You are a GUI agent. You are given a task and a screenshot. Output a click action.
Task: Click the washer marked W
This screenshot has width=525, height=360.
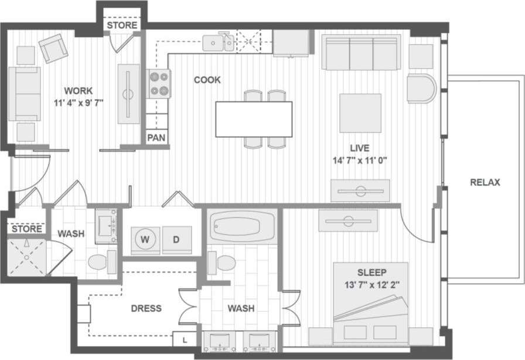144,239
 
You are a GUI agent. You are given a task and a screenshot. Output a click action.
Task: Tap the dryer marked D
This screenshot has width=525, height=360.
175,239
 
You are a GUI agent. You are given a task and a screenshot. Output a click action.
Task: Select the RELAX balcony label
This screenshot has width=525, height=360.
485,182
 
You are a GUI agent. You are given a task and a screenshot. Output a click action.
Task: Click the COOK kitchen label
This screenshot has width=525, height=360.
207,80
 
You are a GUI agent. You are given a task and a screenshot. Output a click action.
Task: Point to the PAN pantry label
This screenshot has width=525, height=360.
155,138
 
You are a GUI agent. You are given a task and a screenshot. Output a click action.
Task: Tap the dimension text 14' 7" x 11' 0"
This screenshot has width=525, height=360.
360,159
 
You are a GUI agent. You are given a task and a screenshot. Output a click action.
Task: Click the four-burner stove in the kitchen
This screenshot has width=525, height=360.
159,83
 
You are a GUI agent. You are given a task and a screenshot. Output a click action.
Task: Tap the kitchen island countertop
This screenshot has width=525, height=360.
253,119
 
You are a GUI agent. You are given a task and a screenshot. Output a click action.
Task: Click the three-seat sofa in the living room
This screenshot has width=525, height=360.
361,52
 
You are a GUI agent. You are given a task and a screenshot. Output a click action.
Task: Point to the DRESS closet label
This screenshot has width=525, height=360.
146,308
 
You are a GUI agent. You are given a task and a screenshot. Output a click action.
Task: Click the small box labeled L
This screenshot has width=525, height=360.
185,339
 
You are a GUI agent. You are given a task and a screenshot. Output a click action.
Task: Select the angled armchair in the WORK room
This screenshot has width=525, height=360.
54,49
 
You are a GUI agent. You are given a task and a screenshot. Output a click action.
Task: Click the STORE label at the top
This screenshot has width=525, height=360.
122,25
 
